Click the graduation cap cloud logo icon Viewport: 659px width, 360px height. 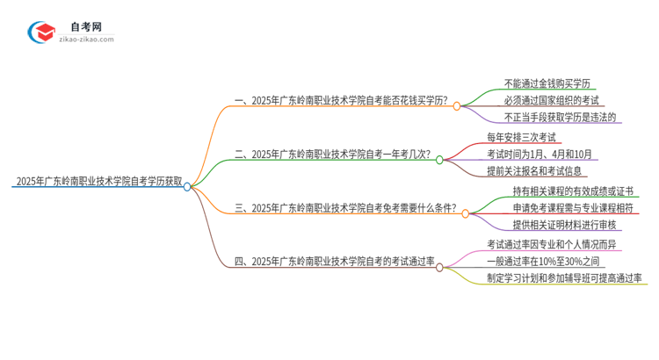pyautogui.click(x=40, y=32)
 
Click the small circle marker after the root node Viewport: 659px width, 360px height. pyautogui.click(x=187, y=185)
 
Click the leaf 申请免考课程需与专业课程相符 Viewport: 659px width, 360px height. pyautogui.click(x=564, y=208)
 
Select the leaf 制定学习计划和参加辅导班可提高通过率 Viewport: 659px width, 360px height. pyautogui.click(x=564, y=278)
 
